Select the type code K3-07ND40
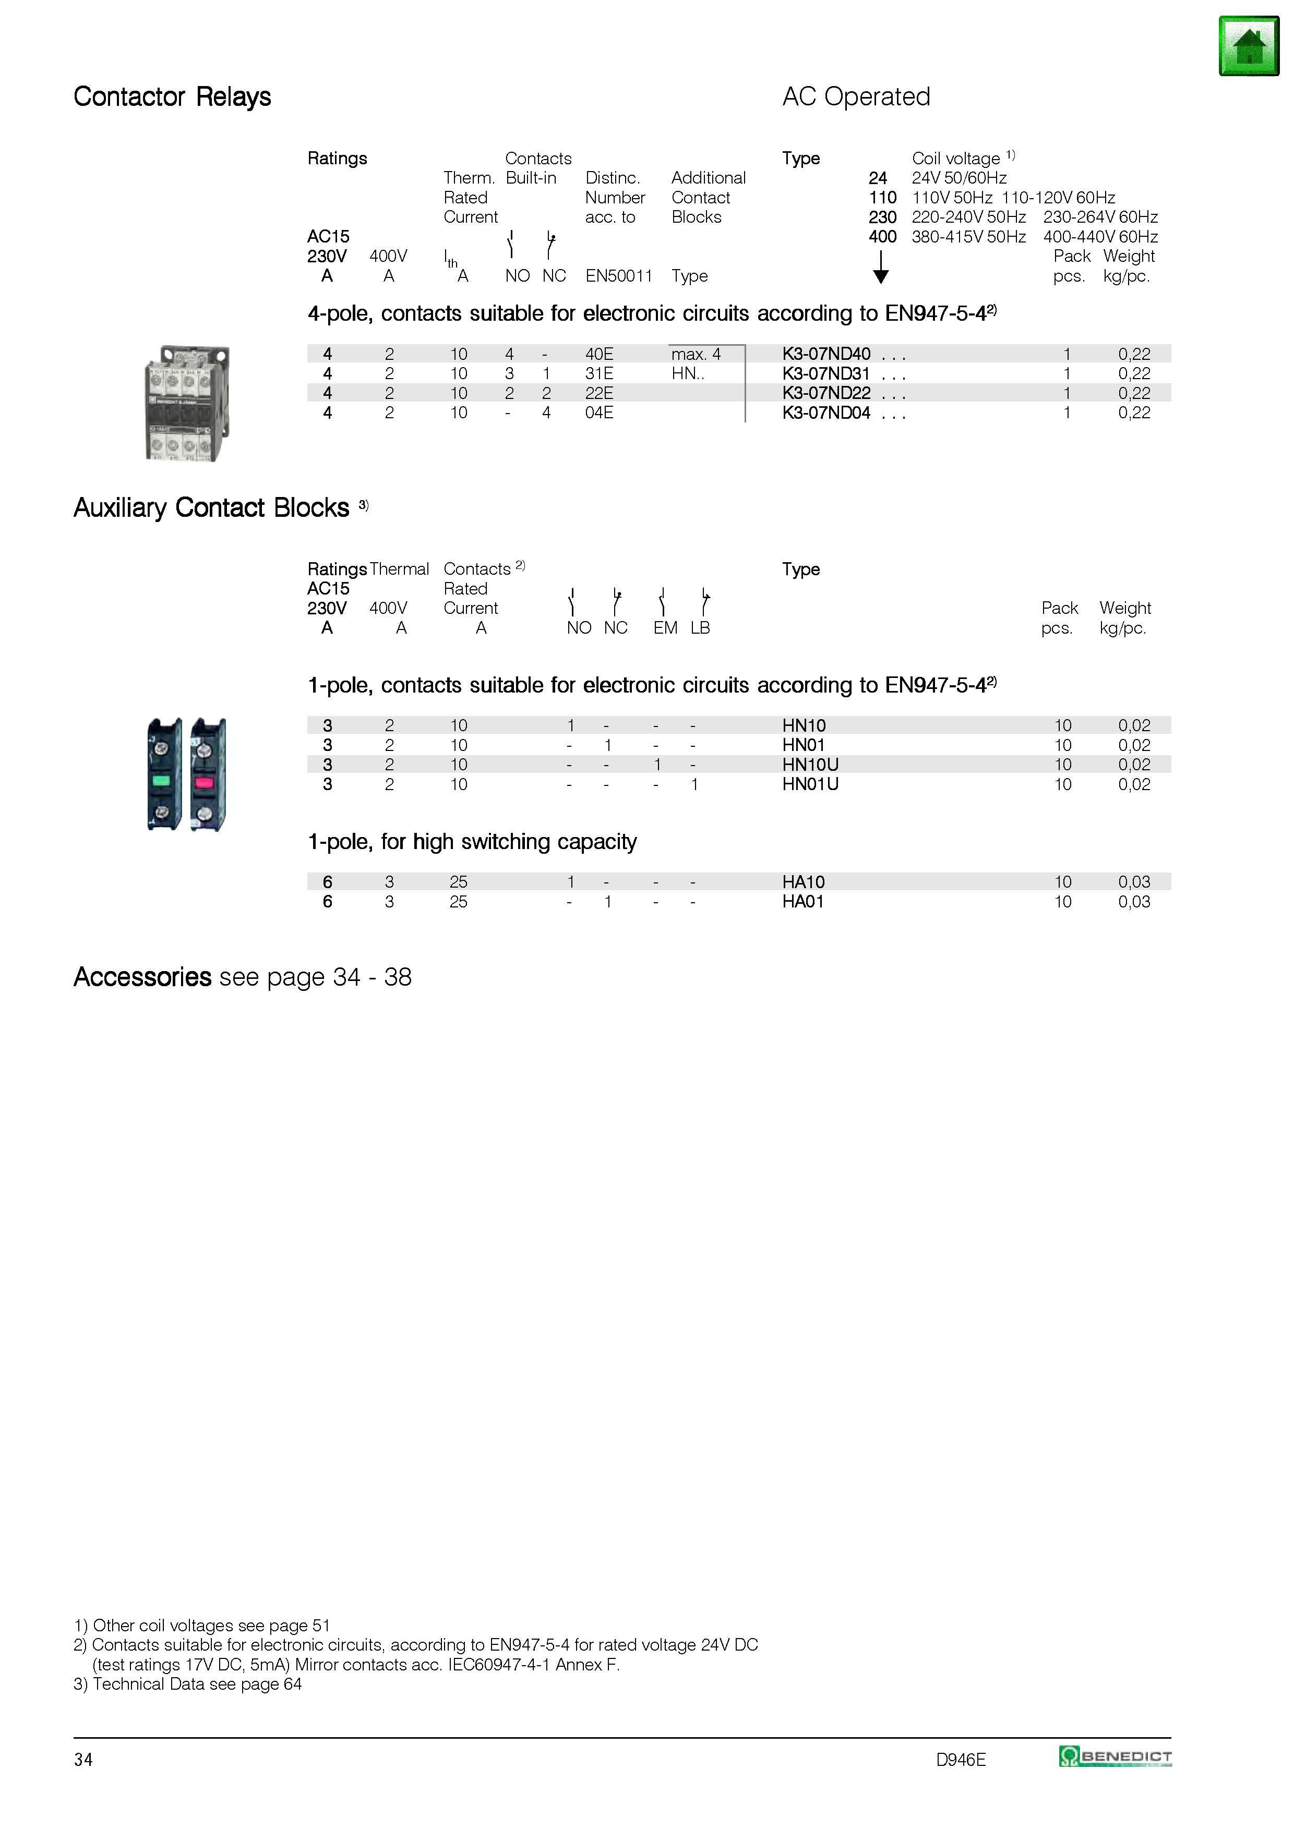point(826,354)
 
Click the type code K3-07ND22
point(826,393)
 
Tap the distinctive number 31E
point(599,374)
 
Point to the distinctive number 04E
point(599,413)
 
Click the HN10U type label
point(810,765)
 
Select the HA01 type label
point(803,902)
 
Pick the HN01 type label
point(804,745)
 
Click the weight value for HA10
point(1134,882)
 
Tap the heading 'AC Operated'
point(856,96)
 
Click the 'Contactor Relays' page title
point(172,96)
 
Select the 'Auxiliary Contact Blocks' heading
point(211,508)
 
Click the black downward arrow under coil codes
point(880,267)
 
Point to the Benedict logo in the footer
point(1115,1756)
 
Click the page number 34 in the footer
point(83,1759)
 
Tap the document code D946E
point(961,1759)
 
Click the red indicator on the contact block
point(204,782)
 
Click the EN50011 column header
point(619,276)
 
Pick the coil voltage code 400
point(883,237)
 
